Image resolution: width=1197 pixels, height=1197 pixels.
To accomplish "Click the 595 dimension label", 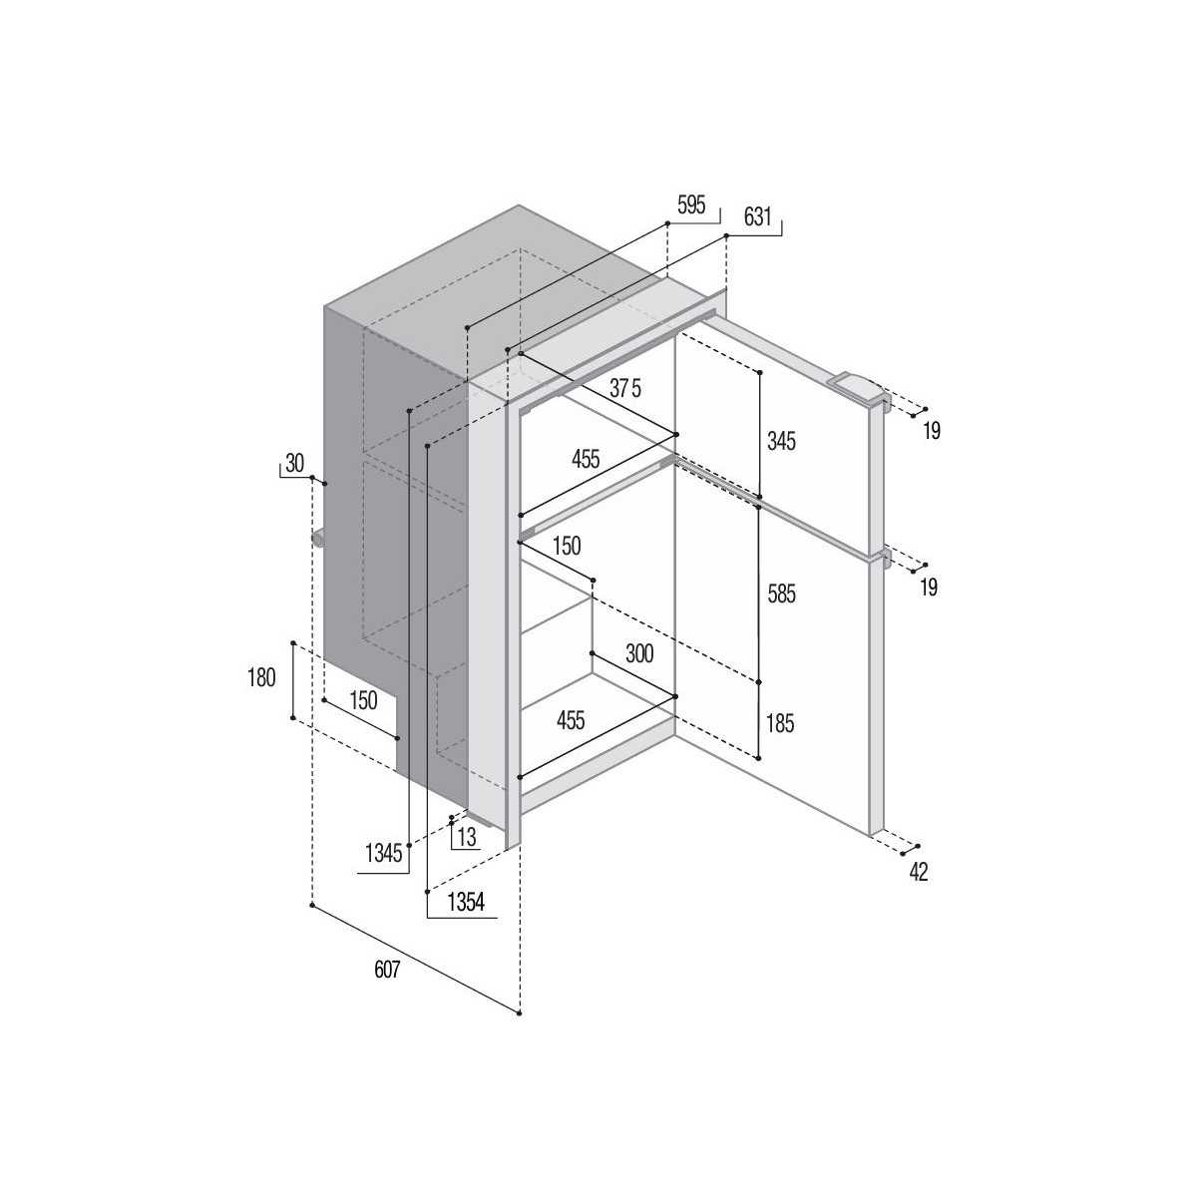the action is [691, 205].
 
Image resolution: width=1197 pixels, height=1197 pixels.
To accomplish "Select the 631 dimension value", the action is [757, 217].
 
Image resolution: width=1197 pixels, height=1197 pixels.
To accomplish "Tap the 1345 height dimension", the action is [383, 855].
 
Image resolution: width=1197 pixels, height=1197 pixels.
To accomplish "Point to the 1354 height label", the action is [466, 902].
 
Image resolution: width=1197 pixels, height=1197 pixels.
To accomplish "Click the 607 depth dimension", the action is [387, 970].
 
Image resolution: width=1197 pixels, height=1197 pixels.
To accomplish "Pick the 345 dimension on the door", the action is [781, 442].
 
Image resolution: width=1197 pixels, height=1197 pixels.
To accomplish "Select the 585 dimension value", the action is [781, 595].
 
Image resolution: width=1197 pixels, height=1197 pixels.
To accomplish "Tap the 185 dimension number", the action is [780, 723].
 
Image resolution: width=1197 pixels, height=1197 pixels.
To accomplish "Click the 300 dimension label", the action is [639, 654].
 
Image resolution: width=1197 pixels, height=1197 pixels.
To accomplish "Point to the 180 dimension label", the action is [261, 677].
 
